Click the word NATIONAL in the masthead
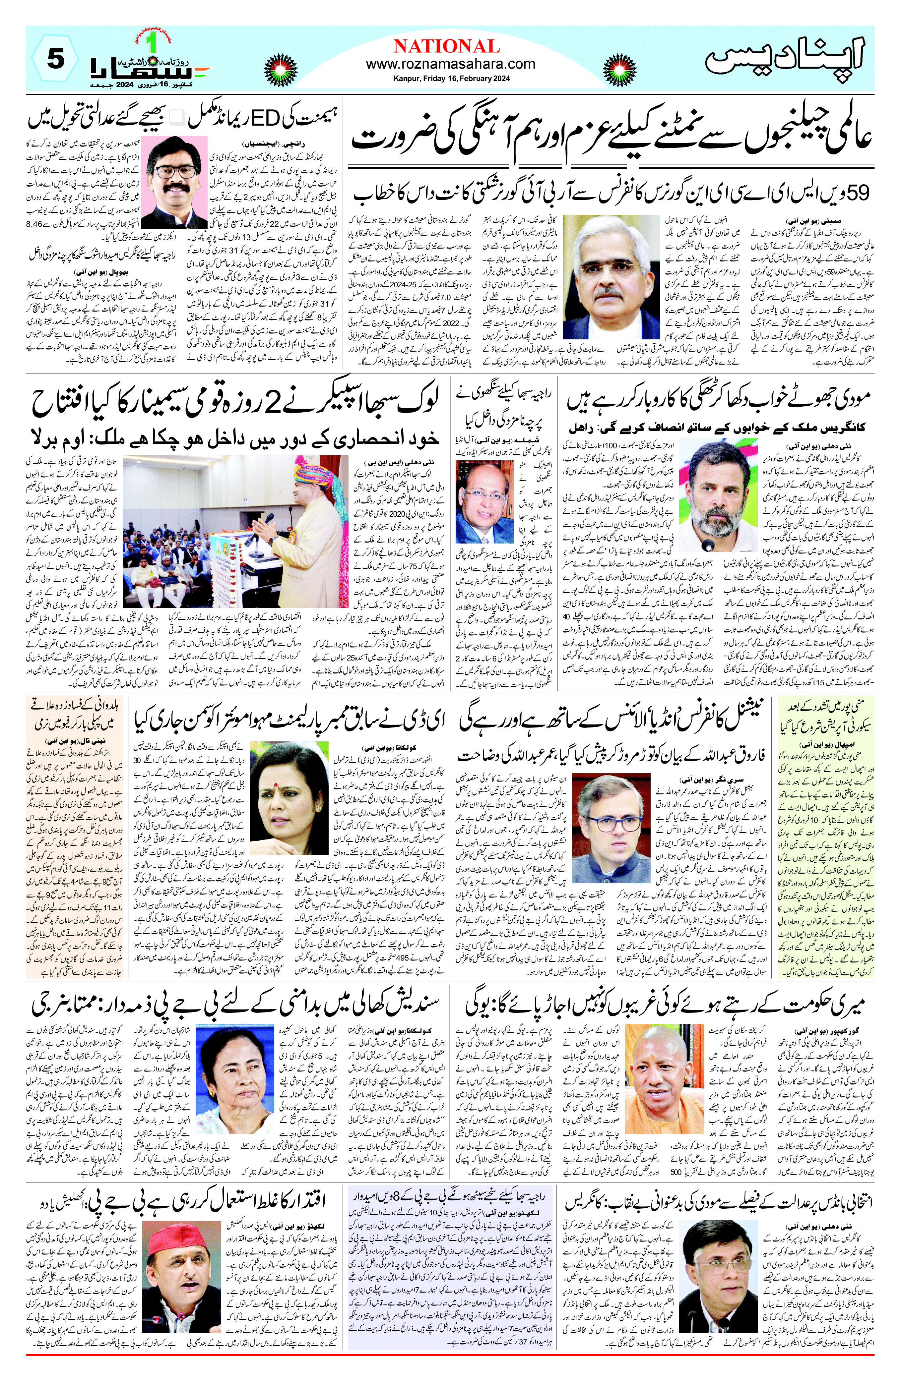point(446,46)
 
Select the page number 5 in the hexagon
point(55,59)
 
